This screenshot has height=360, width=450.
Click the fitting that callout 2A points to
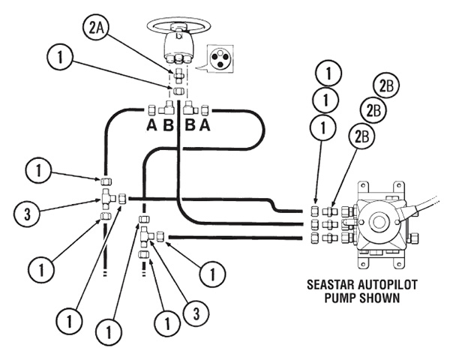[179, 75]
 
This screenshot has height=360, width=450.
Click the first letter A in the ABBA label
[151, 125]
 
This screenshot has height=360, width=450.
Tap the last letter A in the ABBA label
[204, 125]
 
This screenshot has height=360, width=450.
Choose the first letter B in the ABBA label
[168, 125]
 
